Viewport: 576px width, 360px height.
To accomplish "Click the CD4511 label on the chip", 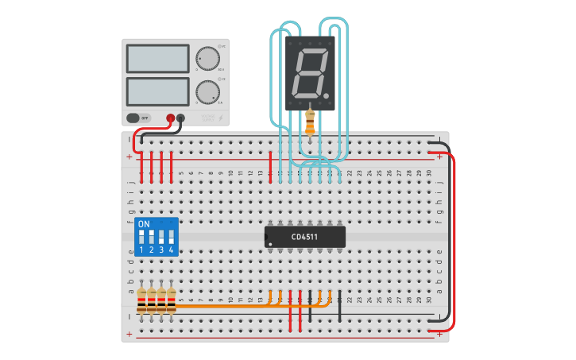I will tap(305, 237).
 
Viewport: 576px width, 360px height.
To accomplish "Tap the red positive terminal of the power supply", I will tap(170, 118).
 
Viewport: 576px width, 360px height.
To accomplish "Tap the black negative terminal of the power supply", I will tap(180, 118).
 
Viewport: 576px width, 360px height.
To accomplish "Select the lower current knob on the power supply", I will tap(207, 91).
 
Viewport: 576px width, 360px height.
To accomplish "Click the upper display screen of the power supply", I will tap(157, 58).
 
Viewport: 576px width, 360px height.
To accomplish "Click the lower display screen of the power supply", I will tap(157, 91).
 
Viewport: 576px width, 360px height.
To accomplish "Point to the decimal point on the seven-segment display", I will tap(326, 96).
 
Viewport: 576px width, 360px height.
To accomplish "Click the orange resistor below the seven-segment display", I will tap(310, 122).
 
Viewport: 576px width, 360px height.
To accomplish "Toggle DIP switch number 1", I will tap(141, 237).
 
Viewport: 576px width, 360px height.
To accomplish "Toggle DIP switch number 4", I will tap(171, 237).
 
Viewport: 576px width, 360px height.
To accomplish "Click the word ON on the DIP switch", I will tap(144, 224).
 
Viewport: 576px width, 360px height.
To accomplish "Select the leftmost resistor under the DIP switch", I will tap(141, 302).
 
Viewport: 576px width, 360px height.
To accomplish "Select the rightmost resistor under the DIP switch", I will tap(171, 302).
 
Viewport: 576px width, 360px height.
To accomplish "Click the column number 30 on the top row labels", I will tap(429, 172).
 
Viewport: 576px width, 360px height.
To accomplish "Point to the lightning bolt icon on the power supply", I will tap(221, 118).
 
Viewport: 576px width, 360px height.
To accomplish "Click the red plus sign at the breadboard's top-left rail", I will tap(130, 157).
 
